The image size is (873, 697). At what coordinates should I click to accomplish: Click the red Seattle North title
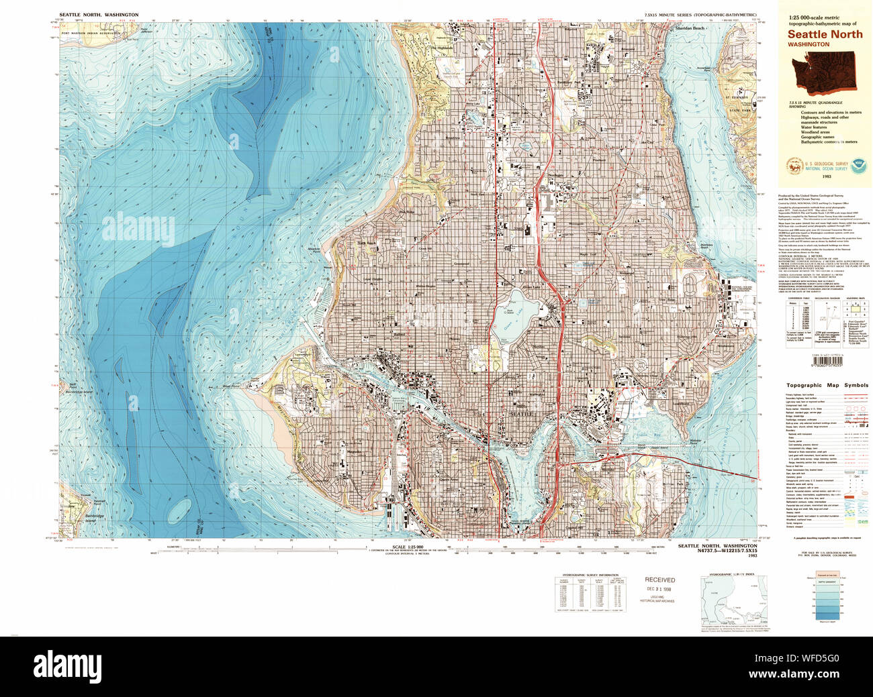(825, 34)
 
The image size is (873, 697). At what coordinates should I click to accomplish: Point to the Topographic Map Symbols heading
(827, 386)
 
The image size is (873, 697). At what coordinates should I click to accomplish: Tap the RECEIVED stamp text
(659, 580)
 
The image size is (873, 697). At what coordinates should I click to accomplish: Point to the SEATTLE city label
(521, 415)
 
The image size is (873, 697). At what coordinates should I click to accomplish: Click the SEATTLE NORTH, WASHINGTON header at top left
(99, 14)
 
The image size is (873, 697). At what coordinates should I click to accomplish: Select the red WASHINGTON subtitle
(809, 44)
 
